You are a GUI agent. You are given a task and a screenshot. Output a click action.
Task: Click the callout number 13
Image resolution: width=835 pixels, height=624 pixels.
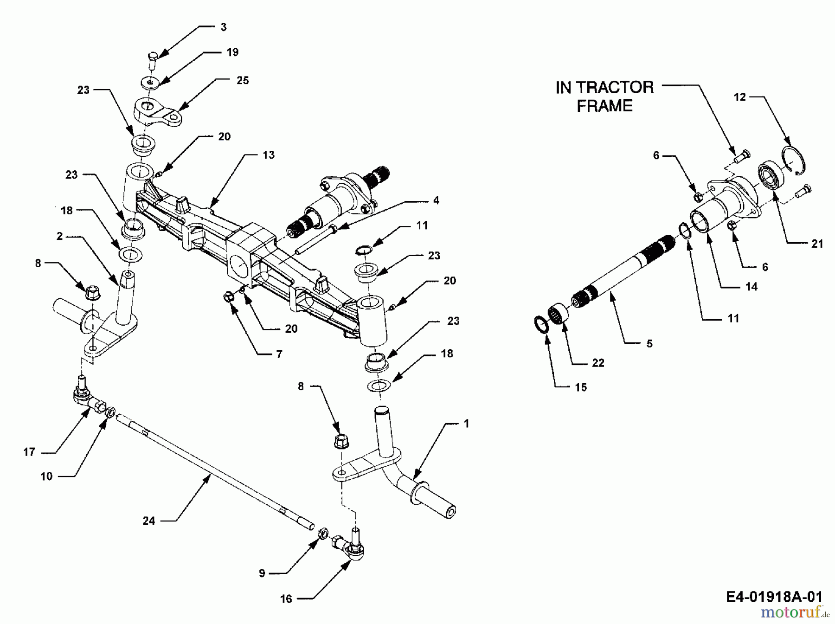pyautogui.click(x=269, y=155)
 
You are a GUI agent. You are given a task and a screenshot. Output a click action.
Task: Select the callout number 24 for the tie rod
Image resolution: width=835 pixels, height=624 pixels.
pyautogui.click(x=148, y=521)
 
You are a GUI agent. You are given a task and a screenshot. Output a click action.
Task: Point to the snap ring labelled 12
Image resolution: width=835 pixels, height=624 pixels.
pyautogui.click(x=794, y=160)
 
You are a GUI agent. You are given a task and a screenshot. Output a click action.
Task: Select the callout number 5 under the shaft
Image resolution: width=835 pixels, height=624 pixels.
pyautogui.click(x=649, y=344)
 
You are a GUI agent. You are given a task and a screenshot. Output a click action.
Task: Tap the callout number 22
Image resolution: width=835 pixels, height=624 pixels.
pyautogui.click(x=598, y=363)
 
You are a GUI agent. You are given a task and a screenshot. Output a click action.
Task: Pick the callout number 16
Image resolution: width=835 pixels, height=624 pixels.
pyautogui.click(x=286, y=599)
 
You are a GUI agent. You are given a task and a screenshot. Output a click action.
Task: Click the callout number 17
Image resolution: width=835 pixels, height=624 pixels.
pyautogui.click(x=29, y=452)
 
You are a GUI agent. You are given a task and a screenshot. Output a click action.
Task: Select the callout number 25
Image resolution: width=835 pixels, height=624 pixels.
pyautogui.click(x=243, y=80)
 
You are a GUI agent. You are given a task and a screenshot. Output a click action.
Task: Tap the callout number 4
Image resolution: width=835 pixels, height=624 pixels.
pyautogui.click(x=436, y=200)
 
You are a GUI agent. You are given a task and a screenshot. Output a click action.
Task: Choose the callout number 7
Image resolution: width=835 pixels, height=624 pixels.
pyautogui.click(x=279, y=354)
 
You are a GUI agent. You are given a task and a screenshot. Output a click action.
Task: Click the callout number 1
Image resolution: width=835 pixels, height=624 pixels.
pyautogui.click(x=467, y=424)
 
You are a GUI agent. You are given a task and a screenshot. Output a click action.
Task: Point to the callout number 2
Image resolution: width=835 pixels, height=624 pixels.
pyautogui.click(x=59, y=236)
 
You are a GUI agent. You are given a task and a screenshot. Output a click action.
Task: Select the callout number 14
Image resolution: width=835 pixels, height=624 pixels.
pyautogui.click(x=751, y=287)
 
